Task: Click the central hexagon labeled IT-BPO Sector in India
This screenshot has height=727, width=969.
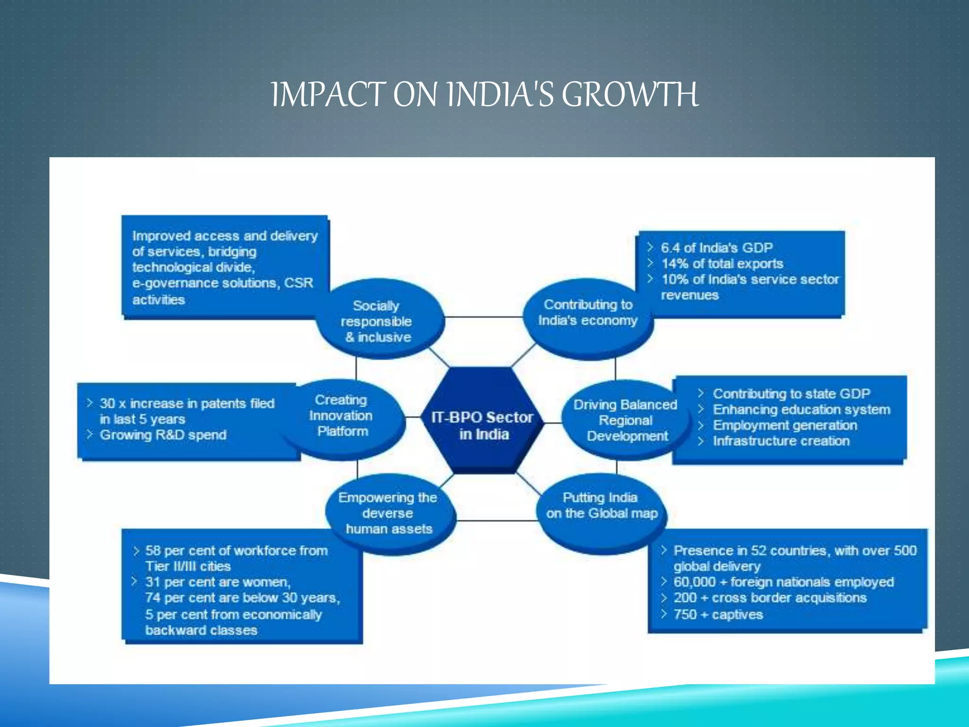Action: coord(482,425)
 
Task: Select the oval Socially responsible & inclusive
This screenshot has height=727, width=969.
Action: coord(379,321)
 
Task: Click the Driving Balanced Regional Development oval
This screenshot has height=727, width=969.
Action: coord(625,420)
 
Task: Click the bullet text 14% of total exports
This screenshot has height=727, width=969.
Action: coord(722,264)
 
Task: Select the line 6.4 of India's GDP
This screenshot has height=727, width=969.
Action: coord(716,248)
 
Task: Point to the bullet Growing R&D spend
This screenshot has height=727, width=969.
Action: coord(163,435)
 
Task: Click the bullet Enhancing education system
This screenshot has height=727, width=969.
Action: coord(802,409)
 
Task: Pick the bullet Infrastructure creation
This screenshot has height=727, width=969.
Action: coord(781,441)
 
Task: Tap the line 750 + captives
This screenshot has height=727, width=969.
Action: coord(718,614)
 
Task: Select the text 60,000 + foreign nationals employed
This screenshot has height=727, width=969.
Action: coord(784,582)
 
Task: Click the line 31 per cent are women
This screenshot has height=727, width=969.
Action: coord(218,582)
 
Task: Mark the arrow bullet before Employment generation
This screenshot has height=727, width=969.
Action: coord(701,426)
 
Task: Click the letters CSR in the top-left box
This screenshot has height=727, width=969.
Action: coord(299,283)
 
